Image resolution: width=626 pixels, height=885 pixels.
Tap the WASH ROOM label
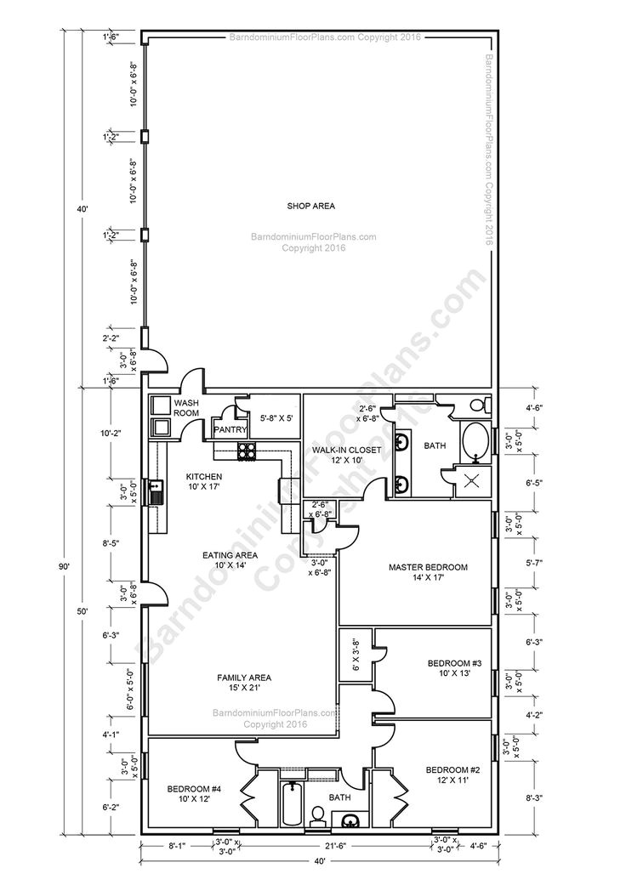185,407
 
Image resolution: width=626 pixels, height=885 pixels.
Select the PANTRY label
230,430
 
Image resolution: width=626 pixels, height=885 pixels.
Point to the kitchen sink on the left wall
156,491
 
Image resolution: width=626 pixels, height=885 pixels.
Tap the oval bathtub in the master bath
475,442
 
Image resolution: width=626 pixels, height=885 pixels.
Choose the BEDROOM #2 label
452,774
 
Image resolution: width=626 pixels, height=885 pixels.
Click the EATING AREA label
230,559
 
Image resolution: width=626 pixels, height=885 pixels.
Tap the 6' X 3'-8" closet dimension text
356,655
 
